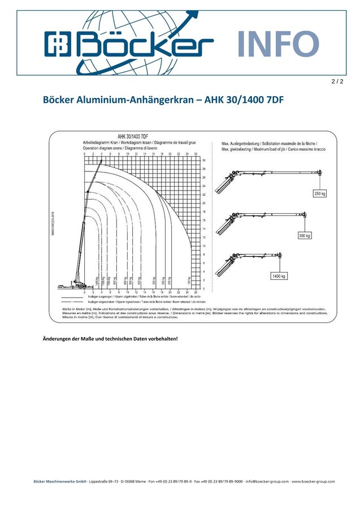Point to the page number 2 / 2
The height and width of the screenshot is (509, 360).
[337, 81]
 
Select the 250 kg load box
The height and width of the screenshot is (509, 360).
[320, 193]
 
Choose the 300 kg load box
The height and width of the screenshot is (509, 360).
[304, 235]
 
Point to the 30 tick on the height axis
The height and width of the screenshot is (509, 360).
[203, 160]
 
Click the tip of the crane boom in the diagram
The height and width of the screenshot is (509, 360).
[102, 161]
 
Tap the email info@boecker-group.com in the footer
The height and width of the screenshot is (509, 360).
[267, 482]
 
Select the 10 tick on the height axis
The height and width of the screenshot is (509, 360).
[203, 246]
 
